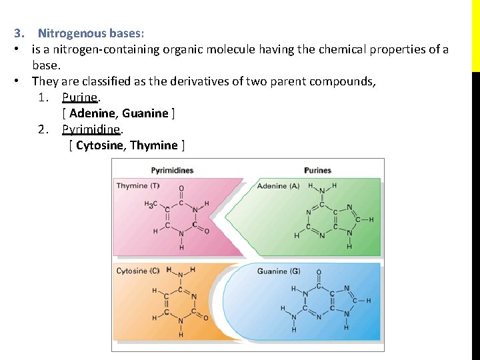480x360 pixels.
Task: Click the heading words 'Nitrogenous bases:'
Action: tap(91, 33)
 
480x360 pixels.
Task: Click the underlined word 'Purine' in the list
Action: tap(79, 97)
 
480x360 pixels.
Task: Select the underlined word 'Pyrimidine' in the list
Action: tap(91, 129)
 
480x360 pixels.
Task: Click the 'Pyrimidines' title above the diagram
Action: tap(172, 171)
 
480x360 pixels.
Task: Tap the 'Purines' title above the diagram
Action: tap(317, 171)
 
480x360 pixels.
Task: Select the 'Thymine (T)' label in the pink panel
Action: tap(138, 186)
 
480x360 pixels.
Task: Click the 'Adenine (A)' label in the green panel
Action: tap(278, 186)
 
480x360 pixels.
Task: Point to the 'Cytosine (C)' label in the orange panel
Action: tap(138, 271)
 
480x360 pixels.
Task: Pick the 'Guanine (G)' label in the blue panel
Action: tap(279, 271)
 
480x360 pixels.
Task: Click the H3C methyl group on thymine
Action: tap(151, 204)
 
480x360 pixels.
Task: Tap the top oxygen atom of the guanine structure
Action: tap(319, 272)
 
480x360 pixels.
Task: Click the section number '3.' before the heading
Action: tap(19, 33)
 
